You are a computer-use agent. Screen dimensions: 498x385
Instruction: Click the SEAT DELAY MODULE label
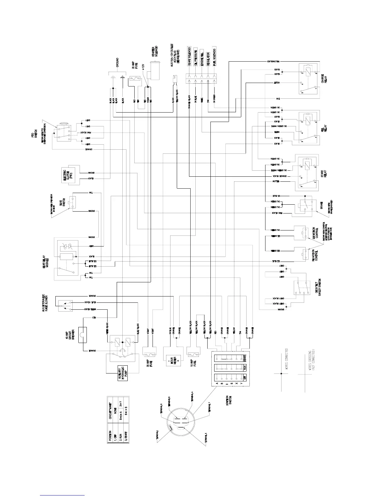pos(46,260)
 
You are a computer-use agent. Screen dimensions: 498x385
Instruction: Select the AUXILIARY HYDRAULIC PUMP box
pos(123,373)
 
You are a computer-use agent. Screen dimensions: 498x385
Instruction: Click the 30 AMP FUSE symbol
pos(149,354)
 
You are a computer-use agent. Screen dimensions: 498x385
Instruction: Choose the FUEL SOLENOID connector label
pos(215,57)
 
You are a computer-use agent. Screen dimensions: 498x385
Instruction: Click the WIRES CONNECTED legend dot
pos(282,373)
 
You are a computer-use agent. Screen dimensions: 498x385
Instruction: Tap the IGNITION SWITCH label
pos(229,406)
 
